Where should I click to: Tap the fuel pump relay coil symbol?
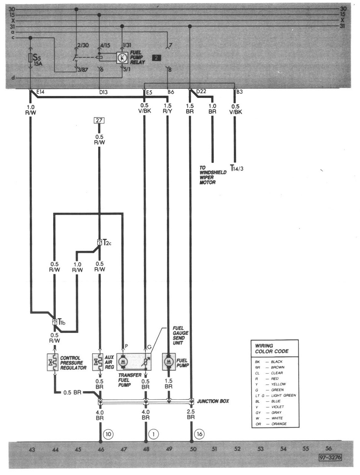[122, 58]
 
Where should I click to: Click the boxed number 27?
[99, 121]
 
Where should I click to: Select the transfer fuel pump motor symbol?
[123, 362]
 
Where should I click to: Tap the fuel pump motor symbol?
[168, 362]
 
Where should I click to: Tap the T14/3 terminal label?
[236, 168]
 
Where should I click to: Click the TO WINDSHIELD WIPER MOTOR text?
[213, 175]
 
